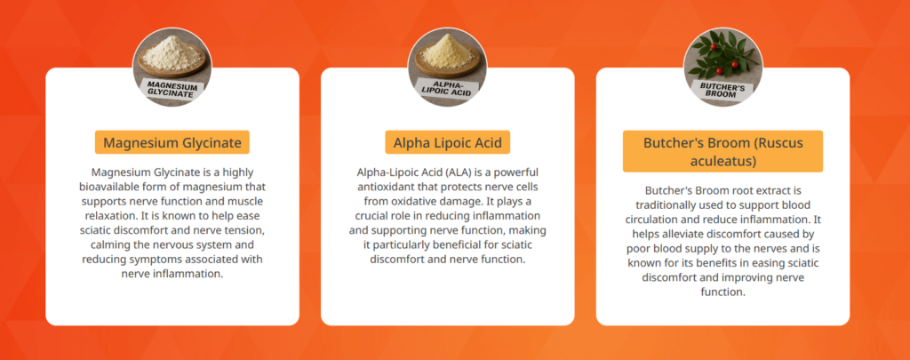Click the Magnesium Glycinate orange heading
[172, 142]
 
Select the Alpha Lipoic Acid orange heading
[448, 142]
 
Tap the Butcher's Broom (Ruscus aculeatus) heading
[722, 151]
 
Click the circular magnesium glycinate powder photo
[172, 68]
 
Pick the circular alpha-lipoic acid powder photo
[448, 68]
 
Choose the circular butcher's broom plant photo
[722, 68]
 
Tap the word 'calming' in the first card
[109, 244]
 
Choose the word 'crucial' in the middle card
[371, 216]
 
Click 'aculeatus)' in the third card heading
[723, 161]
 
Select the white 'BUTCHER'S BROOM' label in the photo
[722, 90]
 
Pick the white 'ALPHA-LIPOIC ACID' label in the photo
[448, 90]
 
